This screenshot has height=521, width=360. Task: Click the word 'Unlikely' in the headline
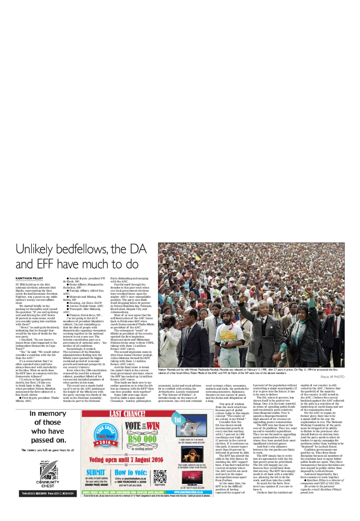tap(34, 249)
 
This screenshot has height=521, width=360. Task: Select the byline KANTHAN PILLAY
tap(29, 278)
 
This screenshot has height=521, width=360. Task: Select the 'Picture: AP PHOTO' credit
tap(332, 377)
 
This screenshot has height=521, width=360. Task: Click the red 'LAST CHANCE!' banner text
tap(127, 414)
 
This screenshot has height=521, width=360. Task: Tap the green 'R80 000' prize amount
tap(142, 439)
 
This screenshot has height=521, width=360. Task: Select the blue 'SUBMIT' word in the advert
tap(96, 473)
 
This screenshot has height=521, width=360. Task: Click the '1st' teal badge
tap(177, 419)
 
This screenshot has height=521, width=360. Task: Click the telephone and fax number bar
tap(48, 493)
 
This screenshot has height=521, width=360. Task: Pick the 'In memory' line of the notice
tap(48, 414)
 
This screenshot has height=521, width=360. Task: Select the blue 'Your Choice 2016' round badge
tap(106, 436)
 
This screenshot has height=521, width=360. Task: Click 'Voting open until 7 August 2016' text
tap(126, 460)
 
